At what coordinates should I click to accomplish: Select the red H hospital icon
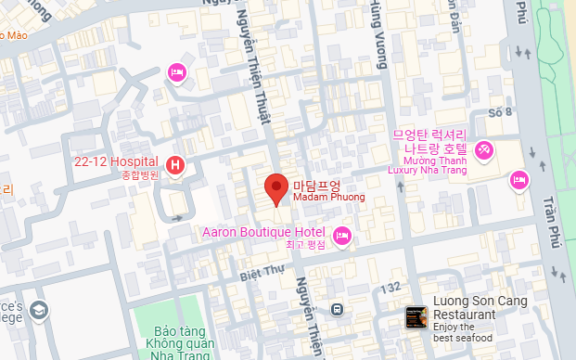point(175,167)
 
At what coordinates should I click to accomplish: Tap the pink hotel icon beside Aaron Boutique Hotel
point(342,236)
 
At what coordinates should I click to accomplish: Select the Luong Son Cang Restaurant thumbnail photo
point(416,318)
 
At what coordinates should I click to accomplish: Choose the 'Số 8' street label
point(500,113)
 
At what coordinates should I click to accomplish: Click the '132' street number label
point(389,287)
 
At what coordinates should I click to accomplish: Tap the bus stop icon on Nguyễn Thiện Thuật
point(339,310)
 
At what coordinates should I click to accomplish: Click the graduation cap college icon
point(39,309)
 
